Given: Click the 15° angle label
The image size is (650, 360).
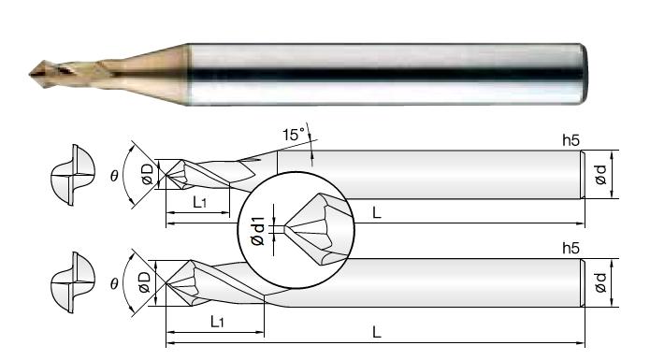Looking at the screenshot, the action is coord(293,135).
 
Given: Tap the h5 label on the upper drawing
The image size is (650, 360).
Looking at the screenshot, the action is coord(571,141).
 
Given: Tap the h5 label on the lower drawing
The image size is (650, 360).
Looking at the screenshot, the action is coord(571,249).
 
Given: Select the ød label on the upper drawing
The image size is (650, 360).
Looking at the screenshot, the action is coord(600,175).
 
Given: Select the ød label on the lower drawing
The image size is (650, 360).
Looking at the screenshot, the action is coord(600,282).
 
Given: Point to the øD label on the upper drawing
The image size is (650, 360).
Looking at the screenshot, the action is coord(147,174).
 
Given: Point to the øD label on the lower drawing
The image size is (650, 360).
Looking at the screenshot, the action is coord(145,282).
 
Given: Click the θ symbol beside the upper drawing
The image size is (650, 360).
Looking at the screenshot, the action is coord(114,176).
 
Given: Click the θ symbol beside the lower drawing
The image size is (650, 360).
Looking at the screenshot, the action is coord(114,283).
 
